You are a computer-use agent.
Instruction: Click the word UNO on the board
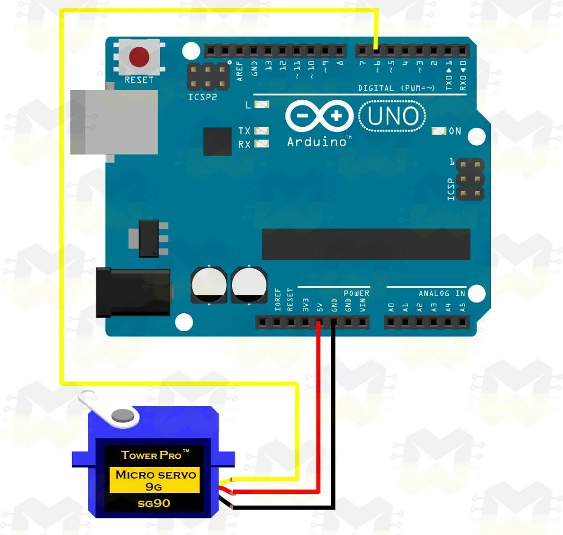point(393,116)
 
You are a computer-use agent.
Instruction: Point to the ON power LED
point(439,131)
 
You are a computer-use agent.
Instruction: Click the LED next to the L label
point(262,105)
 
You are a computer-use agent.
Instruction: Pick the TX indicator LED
point(262,131)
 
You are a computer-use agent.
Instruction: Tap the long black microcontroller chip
point(366,244)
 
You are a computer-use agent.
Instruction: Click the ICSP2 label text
point(203,97)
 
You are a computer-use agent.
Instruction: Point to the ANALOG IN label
point(441,293)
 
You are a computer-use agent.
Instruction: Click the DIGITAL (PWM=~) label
point(396,88)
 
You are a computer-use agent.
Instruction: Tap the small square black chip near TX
point(217,141)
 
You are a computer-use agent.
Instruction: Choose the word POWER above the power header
point(356,293)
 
